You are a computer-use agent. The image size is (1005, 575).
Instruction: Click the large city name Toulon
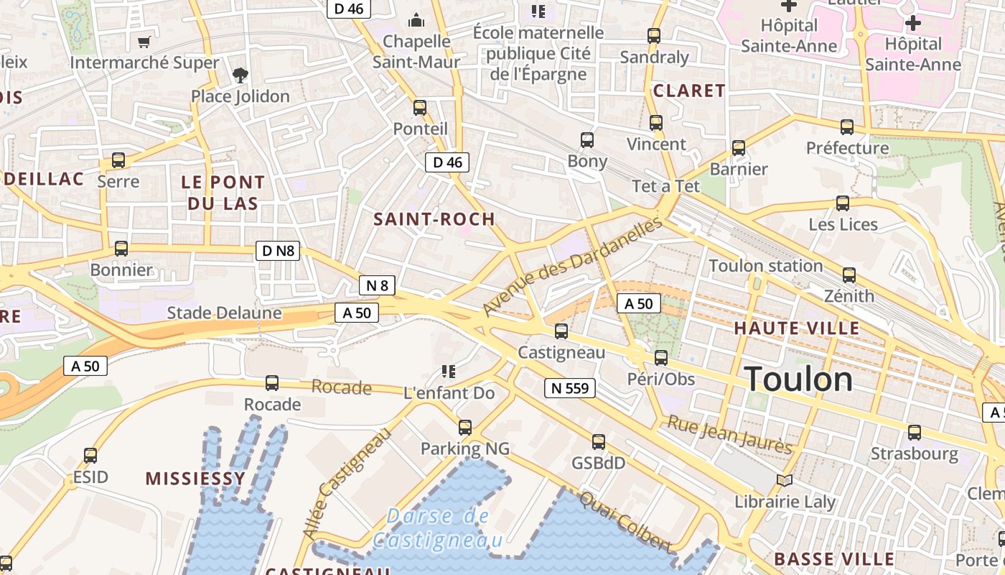coord(798,379)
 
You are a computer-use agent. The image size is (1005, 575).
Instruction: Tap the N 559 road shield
coord(570,389)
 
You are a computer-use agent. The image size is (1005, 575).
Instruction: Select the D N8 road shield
coord(278,251)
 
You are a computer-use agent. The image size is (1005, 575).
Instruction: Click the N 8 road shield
coord(377,285)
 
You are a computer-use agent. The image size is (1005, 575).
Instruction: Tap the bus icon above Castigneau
coord(561,331)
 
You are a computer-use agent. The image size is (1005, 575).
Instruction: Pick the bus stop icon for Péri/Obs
coord(661,357)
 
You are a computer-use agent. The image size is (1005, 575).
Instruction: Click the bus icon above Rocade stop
coord(272,383)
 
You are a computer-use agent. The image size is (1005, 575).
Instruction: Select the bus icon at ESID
coord(90,455)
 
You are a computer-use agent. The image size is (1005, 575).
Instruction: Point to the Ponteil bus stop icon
coord(420,108)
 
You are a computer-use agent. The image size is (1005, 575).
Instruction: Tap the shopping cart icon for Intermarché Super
coord(144,42)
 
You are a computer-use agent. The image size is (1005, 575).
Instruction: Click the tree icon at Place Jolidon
coord(240,75)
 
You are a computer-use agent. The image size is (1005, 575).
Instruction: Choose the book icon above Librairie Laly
coord(785,480)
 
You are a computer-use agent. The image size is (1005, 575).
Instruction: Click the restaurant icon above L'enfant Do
coord(449,372)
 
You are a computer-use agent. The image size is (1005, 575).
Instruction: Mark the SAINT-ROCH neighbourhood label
coord(435,219)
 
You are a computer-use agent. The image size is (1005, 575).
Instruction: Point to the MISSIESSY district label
coord(195,479)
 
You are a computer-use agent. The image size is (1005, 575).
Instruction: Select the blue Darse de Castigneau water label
coord(437,528)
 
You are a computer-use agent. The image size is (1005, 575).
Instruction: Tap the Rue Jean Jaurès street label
coord(729,435)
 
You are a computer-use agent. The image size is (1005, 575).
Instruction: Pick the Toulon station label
coord(765,266)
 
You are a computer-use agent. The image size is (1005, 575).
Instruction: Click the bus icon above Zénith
coord(849,275)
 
